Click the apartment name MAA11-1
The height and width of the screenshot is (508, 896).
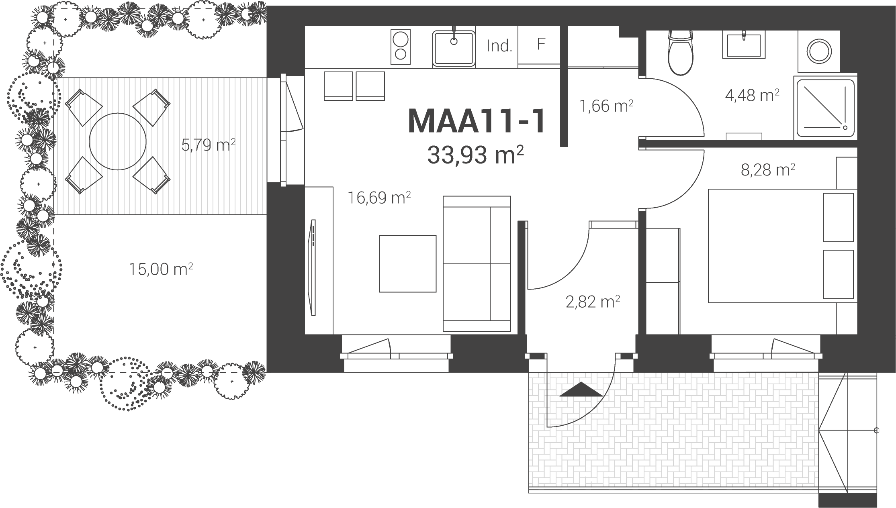477,121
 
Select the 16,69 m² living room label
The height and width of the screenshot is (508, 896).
379,198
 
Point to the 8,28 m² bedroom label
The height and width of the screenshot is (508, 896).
768,170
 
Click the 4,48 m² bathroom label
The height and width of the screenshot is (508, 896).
752,95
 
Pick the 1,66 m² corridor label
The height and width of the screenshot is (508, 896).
607,106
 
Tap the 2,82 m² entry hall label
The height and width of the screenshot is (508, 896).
593,302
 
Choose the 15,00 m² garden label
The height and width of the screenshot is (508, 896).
161,269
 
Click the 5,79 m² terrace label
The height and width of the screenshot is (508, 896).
208,145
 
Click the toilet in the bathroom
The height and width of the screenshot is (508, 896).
680,52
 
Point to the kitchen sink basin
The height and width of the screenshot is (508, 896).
454,49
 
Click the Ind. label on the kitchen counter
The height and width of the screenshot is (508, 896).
499,47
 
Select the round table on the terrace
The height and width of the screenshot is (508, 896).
117,141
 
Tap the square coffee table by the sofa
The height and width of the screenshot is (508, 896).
408,263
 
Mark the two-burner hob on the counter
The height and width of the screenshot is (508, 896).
401,47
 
